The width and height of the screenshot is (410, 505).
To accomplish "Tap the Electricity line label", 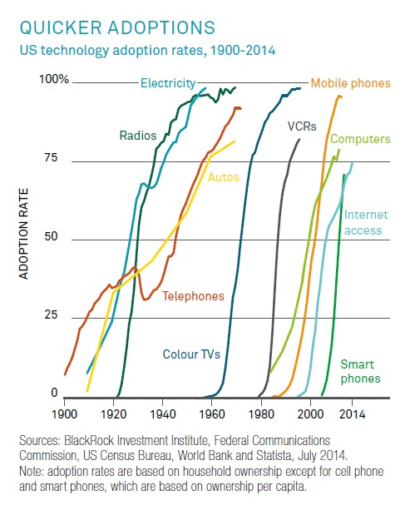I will (167, 83).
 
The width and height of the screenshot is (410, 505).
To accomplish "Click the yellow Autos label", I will (223, 176).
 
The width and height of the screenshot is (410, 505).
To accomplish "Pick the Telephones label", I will (193, 295).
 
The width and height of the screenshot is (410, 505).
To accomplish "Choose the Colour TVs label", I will (190, 354).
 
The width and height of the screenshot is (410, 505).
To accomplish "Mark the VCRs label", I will (301, 127).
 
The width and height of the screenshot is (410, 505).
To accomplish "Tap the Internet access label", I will (363, 222).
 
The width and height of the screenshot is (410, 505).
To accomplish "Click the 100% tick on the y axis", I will (53, 79).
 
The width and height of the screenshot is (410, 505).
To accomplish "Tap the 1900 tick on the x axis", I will (64, 413).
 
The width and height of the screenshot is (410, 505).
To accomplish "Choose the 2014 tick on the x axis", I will (352, 413).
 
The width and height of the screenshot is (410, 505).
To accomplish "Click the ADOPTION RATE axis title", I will (25, 237).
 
